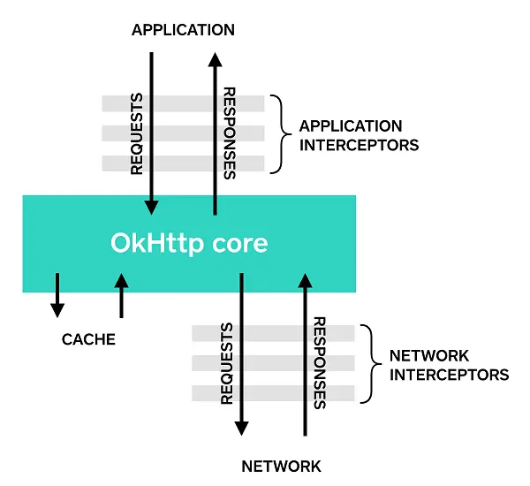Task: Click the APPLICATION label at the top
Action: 183,30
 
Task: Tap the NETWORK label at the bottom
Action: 281,467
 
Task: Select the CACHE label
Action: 88,339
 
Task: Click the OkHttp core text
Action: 189,243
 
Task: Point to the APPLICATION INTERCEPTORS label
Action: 359,135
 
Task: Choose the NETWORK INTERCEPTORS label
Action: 450,365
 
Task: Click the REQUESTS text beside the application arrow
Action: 137,134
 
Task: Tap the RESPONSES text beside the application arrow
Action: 230,133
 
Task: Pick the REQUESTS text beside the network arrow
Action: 227,363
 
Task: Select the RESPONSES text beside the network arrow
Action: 320,363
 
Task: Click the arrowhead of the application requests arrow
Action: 151,207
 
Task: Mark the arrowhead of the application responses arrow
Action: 215,59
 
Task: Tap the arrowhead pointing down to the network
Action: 241,429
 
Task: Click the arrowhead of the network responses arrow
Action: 306,280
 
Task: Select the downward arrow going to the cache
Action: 57,295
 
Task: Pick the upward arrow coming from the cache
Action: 121,296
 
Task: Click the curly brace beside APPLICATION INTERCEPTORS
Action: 281,134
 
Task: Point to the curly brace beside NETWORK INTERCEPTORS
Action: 372,364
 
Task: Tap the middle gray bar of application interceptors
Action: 183,133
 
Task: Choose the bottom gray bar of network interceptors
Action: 273,393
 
